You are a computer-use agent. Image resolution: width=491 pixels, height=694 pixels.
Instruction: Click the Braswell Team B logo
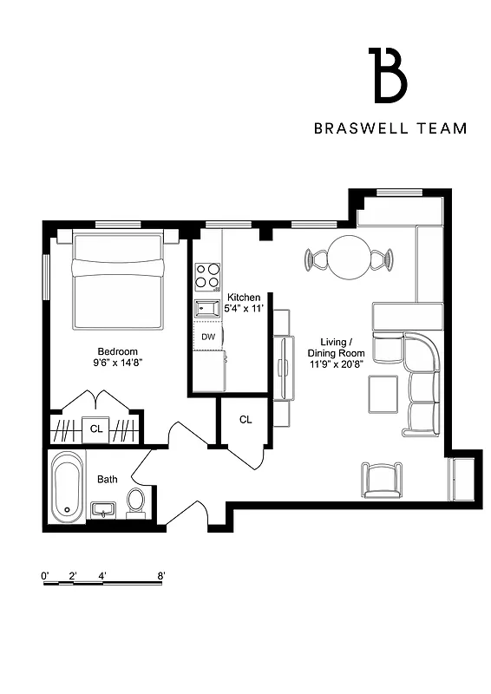(388, 75)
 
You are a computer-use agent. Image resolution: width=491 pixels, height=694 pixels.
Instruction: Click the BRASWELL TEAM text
(390, 128)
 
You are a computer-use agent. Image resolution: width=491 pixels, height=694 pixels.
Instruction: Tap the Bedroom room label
(115, 351)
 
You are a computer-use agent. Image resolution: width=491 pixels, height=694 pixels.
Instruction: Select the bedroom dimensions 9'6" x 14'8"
(115, 363)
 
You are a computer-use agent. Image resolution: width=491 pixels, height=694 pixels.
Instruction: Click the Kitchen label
(244, 298)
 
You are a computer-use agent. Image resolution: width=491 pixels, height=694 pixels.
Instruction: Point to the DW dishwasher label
(208, 337)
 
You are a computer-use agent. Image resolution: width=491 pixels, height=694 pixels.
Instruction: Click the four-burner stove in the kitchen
(207, 276)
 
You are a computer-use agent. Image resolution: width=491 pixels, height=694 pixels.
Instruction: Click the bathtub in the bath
(67, 488)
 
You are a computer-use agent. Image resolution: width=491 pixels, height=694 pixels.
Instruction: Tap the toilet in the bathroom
(136, 501)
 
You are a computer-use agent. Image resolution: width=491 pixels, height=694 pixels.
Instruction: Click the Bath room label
(108, 478)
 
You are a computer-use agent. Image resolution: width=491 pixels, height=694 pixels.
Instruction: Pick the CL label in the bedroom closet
(96, 428)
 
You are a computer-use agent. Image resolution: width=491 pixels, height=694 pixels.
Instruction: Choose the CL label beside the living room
(245, 420)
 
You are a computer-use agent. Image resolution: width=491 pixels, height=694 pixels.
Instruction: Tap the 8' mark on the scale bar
(161, 575)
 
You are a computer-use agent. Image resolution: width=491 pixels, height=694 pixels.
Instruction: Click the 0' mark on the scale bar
(44, 575)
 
